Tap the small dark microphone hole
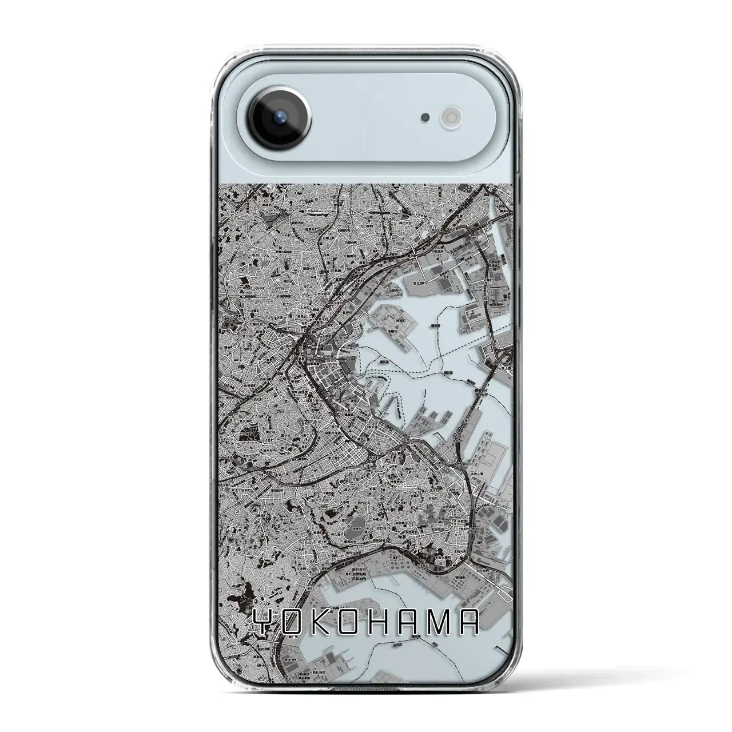425,117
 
